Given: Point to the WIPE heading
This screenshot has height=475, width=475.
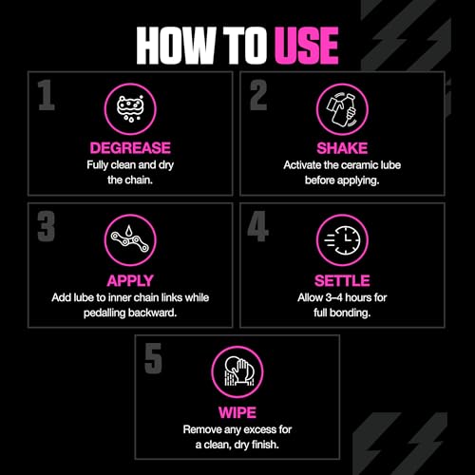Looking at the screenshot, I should pos(237,413).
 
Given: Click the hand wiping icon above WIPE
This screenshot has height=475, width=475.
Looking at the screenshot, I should pos(237,370).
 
